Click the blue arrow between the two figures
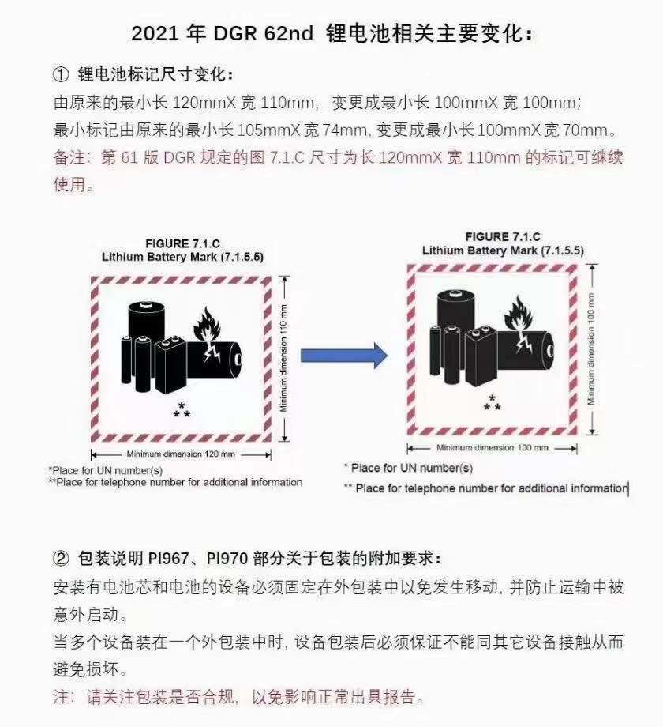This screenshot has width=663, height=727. pyautogui.click(x=344, y=356)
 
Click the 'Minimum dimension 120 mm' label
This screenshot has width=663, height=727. pyautogui.click(x=181, y=454)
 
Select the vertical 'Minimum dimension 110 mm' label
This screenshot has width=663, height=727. pyautogui.click(x=283, y=358)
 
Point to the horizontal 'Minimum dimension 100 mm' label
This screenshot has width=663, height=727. pyautogui.click(x=493, y=447)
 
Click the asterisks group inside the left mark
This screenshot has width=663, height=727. pyautogui.click(x=182, y=410)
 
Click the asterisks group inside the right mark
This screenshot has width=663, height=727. pyautogui.click(x=493, y=402)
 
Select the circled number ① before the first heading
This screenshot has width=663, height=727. pyautogui.click(x=61, y=74)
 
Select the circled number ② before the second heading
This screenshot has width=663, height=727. pyautogui.click(x=61, y=558)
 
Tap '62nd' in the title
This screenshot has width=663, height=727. pyautogui.click(x=290, y=34)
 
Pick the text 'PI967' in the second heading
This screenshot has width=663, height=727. pyautogui.click(x=169, y=558)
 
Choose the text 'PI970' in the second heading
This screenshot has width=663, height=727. pyautogui.click(x=227, y=558)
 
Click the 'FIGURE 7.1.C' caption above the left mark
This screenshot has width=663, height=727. pyautogui.click(x=182, y=243)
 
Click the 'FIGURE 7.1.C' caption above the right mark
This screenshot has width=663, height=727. pyautogui.click(x=503, y=236)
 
